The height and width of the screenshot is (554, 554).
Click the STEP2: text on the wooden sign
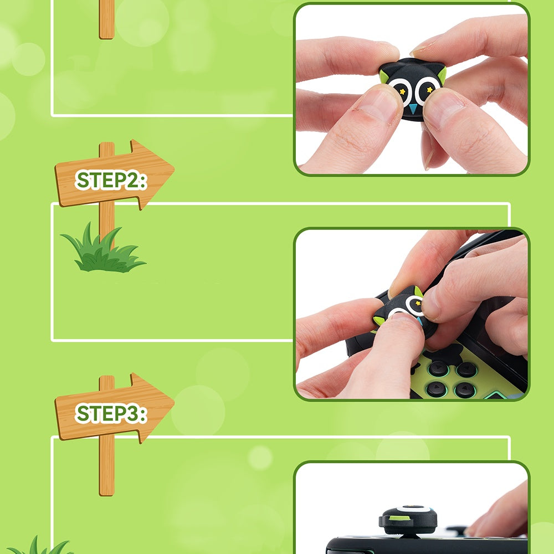(x=111, y=180)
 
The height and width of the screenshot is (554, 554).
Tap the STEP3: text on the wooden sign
(x=111, y=413)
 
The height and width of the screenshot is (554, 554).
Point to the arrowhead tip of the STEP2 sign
(x=175, y=172)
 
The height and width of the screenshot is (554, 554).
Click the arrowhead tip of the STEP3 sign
(x=175, y=405)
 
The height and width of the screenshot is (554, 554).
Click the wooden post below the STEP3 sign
(x=106, y=466)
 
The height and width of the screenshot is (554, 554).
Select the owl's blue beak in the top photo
(x=413, y=108)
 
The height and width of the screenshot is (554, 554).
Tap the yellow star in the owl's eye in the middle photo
(x=418, y=303)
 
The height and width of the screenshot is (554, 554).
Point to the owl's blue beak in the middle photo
(x=420, y=321)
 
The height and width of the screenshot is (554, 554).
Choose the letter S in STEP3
(x=83, y=414)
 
